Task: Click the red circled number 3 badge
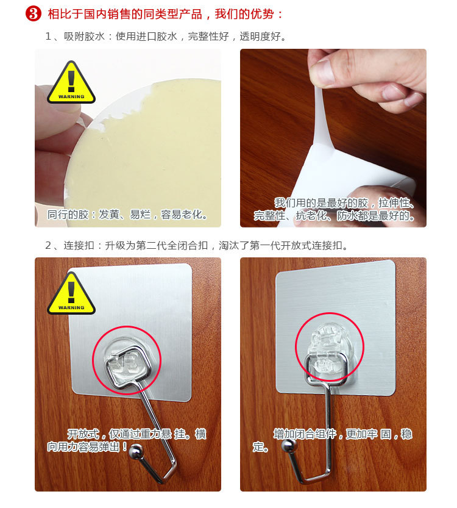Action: tap(34, 14)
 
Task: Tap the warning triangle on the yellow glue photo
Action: tap(71, 82)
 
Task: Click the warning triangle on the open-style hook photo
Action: tap(71, 293)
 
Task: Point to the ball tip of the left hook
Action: tap(136, 451)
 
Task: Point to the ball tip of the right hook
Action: tap(289, 445)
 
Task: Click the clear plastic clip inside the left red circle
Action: tap(124, 360)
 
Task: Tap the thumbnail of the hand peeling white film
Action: tap(333, 138)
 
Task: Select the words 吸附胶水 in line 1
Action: tap(85, 37)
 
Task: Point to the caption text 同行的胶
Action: tap(68, 215)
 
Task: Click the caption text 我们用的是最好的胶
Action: tap(321, 203)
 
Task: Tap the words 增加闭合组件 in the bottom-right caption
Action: tap(305, 434)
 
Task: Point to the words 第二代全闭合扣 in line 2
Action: tap(172, 246)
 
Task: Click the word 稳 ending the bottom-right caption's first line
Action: tap(406, 434)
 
